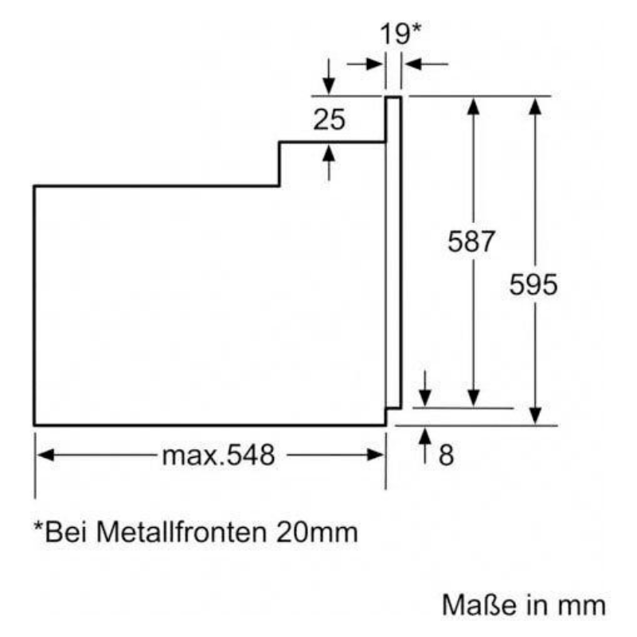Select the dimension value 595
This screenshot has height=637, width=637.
tap(533, 284)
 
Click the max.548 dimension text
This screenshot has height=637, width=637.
tap(218, 455)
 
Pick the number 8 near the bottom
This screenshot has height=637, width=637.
tap(446, 455)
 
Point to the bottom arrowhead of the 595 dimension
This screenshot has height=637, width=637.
tap(535, 416)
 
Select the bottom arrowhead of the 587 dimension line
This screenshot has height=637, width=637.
tap(474, 398)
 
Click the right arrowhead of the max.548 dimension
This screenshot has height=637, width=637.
tap(377, 455)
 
